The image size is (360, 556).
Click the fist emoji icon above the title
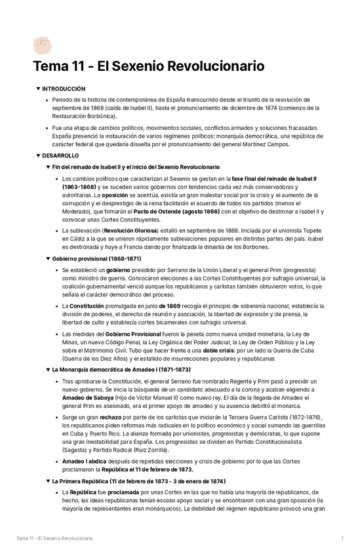click(42, 45)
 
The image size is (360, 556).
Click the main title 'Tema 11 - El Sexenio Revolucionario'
click(149, 67)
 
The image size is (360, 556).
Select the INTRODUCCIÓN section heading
click(64, 88)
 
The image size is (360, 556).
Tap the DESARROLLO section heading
click(60, 155)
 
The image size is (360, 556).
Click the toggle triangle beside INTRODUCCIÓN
click(38, 88)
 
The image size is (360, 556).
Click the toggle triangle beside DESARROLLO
click(38, 155)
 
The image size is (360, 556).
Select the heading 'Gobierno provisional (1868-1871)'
click(96, 258)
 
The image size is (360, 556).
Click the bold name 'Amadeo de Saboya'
click(88, 399)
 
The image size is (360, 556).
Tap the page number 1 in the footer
click(342, 538)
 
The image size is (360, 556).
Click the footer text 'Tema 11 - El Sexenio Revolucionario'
click(54, 538)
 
